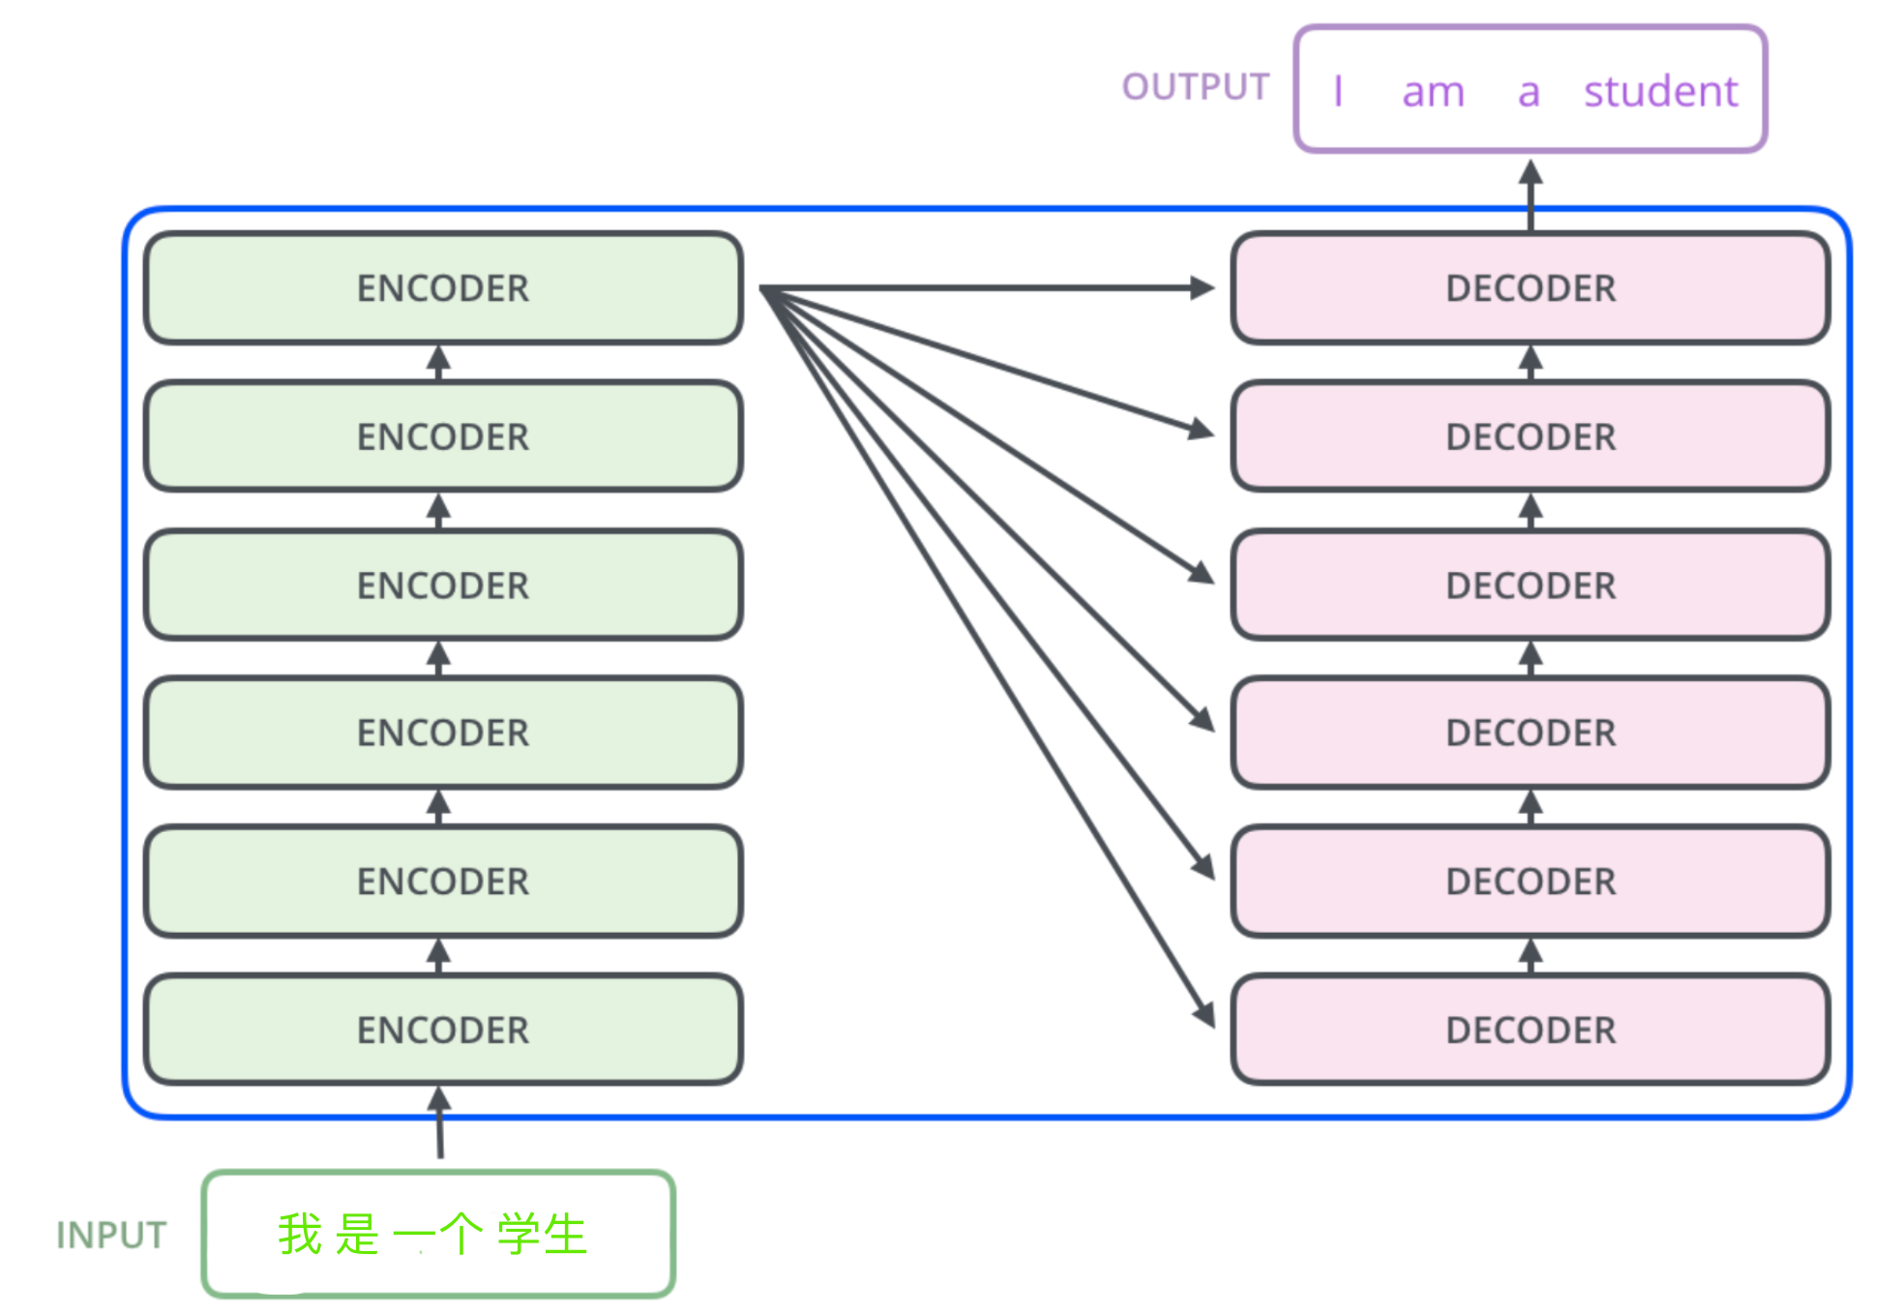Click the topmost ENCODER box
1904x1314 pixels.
coord(443,287)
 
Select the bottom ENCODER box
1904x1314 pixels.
coord(443,1029)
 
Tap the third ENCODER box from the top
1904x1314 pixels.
coord(443,584)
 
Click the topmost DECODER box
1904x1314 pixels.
coord(1531,287)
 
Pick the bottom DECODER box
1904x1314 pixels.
coord(1531,1029)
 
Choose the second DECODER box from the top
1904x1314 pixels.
coord(1531,436)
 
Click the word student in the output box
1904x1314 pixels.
coord(1660,92)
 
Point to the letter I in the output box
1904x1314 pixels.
coord(1338,92)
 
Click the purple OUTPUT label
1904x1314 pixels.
coord(1195,87)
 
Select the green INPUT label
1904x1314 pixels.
coord(111,1235)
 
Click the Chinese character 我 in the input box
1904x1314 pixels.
coord(300,1234)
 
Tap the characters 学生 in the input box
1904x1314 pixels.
coord(542,1234)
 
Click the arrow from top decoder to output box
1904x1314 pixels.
coord(1531,194)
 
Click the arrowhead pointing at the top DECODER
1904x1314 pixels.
coord(1203,287)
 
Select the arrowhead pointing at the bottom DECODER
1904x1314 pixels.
coord(1205,1015)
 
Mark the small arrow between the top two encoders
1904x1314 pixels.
coord(439,362)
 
